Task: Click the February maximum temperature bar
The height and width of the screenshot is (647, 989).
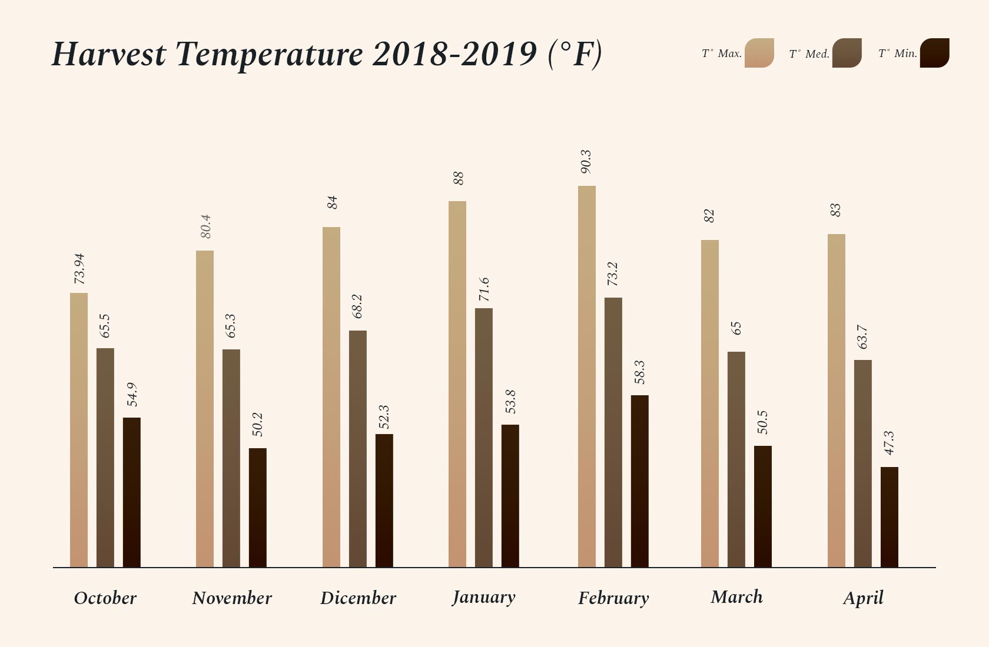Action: pos(586,376)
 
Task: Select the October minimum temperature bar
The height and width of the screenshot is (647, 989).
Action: pos(132,492)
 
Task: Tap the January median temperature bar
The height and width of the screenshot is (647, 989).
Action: pos(484,438)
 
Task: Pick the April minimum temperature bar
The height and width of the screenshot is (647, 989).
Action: pos(889,517)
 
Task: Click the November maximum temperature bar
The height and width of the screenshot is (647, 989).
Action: pos(205,409)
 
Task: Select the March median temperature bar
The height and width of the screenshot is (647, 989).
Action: pos(736,459)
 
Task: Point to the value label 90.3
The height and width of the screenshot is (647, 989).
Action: pos(586,162)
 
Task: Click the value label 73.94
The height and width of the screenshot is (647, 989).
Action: pos(79,269)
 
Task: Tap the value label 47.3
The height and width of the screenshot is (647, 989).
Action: pos(889,443)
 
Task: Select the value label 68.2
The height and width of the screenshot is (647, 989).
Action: pos(357,306)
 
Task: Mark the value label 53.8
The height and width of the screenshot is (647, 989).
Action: pos(510,401)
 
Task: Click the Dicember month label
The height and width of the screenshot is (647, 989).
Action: pos(358,598)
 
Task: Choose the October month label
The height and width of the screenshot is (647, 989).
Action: pos(105,598)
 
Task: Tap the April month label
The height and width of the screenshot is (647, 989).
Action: pos(863,598)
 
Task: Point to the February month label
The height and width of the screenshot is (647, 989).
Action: pos(613,598)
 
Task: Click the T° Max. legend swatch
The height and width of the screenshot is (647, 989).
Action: pos(759,53)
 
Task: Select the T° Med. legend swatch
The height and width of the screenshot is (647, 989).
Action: pos(847,53)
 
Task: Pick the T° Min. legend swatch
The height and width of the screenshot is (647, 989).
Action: pos(934,53)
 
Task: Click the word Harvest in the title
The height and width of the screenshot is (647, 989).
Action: pos(109,54)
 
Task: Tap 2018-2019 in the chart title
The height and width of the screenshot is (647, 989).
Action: pos(454,54)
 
